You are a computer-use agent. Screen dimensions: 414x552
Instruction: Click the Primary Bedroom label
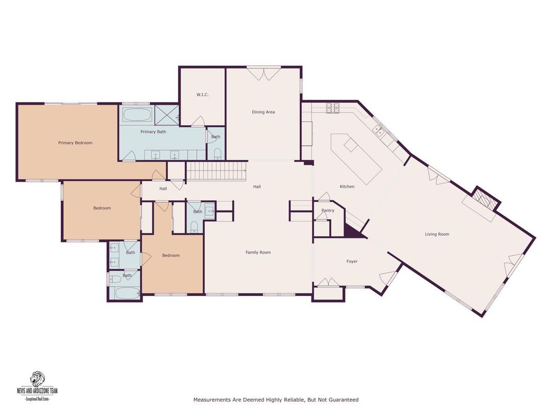coord(75,143)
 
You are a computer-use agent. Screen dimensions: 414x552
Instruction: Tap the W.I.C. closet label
coord(202,95)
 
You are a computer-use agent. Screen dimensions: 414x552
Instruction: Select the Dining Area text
coord(263,112)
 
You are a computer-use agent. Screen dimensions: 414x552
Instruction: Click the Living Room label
coord(437,234)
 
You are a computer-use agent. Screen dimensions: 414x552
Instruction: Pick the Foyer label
coord(352,262)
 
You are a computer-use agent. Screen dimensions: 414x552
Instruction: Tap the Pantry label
coord(327,211)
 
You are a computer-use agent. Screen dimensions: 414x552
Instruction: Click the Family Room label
coord(258,252)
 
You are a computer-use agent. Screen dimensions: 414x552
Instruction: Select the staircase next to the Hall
coord(215,170)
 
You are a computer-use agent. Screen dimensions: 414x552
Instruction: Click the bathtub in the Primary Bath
coord(137,114)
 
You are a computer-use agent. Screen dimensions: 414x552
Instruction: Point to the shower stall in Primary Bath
coord(166,114)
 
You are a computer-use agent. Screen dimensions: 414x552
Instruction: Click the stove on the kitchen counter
coord(333,108)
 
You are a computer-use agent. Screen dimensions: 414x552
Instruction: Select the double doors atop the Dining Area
coord(263,74)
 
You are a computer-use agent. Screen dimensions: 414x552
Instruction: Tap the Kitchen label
coord(347,186)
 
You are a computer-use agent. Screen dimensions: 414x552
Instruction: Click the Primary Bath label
coord(153,132)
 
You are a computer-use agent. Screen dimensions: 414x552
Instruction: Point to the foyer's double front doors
coord(327,282)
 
